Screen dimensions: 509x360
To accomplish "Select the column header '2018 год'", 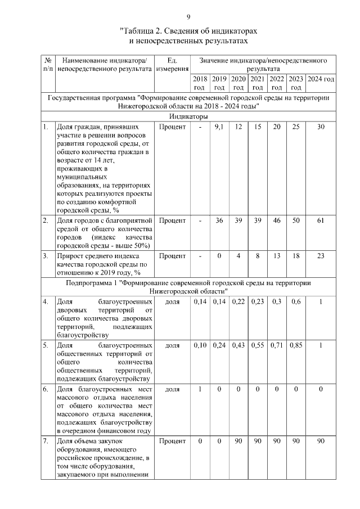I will (x=200, y=83).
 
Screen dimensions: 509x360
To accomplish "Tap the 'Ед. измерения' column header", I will (x=173, y=64).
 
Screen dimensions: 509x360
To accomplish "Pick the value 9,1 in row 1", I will (x=219, y=127).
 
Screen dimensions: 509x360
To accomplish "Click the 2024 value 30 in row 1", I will (x=321, y=127).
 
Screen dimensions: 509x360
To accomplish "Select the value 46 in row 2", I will (x=277, y=220).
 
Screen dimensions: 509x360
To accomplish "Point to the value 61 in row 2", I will (x=321, y=220).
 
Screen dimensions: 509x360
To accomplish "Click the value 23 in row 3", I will (x=321, y=256).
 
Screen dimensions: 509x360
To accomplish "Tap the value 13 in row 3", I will (x=277, y=256).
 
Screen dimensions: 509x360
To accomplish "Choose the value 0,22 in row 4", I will (x=238, y=301).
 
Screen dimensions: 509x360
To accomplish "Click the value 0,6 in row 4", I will (x=296, y=301).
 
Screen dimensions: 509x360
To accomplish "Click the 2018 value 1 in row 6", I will (x=200, y=389).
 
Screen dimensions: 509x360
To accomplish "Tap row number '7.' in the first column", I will (x=46, y=441).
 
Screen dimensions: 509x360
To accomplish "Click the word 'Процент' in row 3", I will (x=172, y=256).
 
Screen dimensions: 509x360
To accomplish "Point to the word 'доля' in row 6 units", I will (x=172, y=389).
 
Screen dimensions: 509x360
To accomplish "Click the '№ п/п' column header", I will (x=48, y=64).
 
